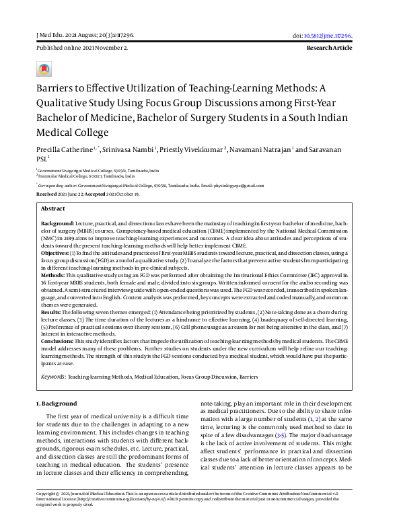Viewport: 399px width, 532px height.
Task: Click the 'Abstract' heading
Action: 55,208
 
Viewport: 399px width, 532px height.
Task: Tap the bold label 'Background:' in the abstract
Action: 57,222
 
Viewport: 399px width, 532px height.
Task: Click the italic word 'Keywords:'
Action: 53,378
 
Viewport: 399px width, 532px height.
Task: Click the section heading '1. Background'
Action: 57,403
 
